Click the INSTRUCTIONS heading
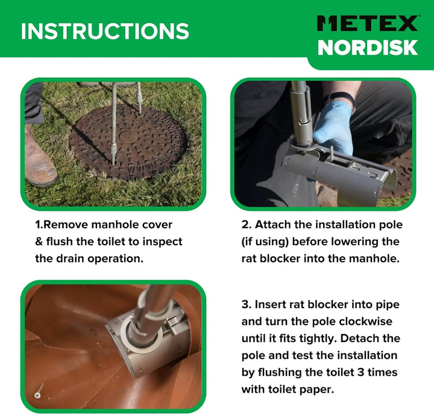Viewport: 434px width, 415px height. tap(105, 31)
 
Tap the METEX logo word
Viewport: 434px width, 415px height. tap(368, 23)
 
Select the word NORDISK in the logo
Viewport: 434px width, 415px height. tap(368, 48)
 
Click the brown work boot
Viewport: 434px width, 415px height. tap(40, 156)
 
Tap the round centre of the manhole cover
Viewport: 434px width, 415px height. tap(128, 137)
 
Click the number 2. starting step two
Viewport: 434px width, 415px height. tap(247, 225)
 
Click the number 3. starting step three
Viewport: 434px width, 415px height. tap(247, 304)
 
